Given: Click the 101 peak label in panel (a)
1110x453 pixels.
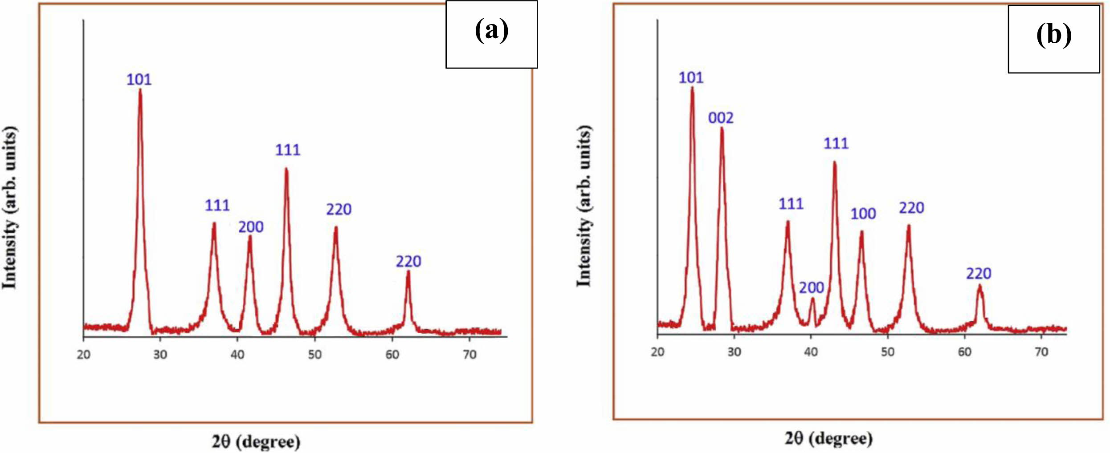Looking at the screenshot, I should [139, 80].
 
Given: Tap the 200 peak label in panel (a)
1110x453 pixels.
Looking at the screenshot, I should [251, 227].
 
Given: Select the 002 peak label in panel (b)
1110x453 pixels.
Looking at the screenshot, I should [721, 118].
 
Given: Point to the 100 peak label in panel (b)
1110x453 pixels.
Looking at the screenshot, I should [863, 214].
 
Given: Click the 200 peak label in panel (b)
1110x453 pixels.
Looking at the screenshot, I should [811, 288].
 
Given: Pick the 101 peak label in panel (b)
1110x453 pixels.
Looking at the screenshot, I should [691, 78].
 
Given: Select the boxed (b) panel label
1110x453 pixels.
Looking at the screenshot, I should [1054, 36].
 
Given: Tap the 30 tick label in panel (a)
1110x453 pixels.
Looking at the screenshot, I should [160, 355].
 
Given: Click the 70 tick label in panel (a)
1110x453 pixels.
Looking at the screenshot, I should [469, 355].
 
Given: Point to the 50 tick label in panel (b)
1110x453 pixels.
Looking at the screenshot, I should [888, 352].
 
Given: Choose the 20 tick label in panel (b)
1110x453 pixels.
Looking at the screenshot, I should [657, 352].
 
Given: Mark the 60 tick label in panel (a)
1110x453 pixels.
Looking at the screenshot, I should [392, 355].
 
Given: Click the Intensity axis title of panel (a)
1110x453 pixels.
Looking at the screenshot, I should [10, 208].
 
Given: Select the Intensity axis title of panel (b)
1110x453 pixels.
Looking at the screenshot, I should [584, 206].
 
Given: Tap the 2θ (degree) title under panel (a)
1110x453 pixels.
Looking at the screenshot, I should [256, 442].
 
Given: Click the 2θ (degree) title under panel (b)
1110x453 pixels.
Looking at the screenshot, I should [828, 438].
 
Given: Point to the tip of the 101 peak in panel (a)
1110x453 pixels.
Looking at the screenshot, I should [140, 90].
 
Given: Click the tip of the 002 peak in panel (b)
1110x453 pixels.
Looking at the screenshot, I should [722, 129].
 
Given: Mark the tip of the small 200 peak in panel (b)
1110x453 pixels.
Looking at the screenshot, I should [812, 299].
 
